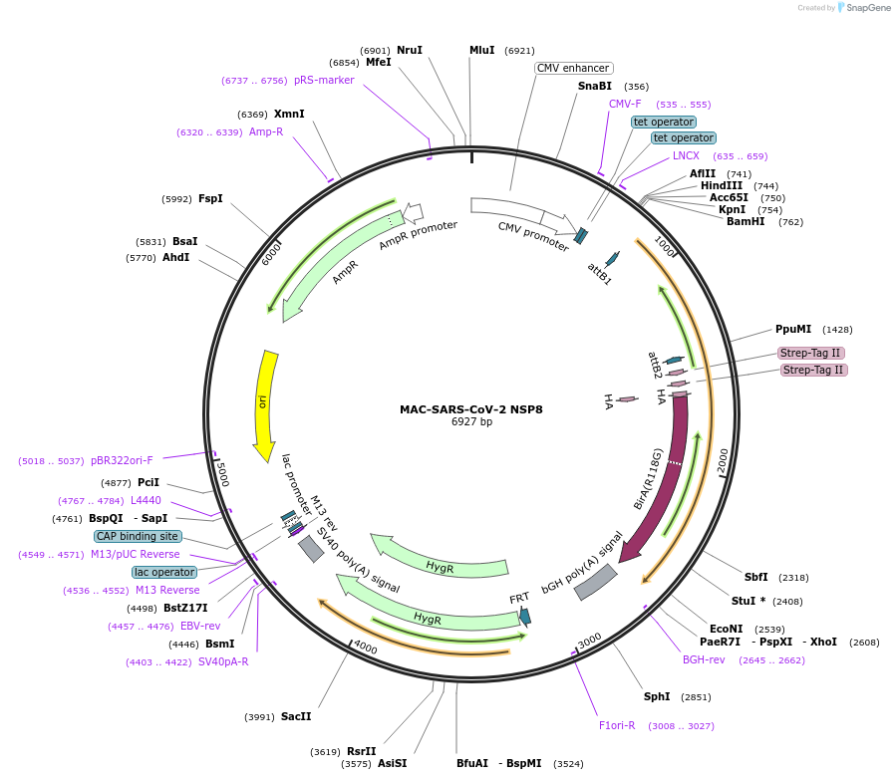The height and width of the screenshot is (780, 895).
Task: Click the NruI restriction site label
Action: (409, 50)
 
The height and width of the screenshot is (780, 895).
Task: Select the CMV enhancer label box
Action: (573, 68)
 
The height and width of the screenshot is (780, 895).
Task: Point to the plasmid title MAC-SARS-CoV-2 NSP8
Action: (471, 408)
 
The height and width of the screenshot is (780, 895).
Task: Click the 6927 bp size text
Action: (471, 421)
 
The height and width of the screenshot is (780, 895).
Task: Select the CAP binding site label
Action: (139, 536)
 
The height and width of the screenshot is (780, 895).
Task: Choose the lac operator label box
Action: (164, 572)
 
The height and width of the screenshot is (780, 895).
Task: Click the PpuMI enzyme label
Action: (793, 329)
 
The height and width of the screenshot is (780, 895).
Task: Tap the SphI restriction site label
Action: (657, 696)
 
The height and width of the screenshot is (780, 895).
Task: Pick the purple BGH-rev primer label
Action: (704, 659)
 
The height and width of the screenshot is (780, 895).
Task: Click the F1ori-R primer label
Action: (617, 725)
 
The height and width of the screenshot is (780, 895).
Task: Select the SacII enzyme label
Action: (296, 716)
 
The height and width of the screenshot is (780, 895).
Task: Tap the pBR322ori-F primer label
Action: (122, 460)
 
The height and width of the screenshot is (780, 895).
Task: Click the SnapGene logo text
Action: (866, 8)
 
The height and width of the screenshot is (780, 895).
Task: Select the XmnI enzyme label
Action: (289, 114)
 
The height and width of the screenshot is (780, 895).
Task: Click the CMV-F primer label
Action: (625, 104)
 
